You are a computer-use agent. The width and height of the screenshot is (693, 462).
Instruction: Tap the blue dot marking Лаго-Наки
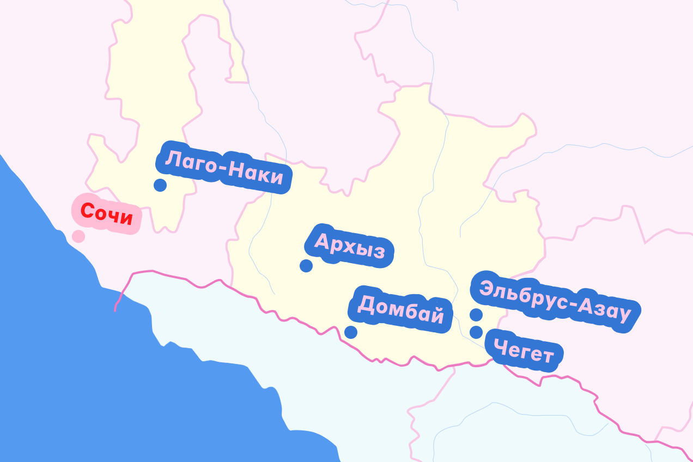160,185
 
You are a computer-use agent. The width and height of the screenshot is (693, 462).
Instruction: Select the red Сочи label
107,214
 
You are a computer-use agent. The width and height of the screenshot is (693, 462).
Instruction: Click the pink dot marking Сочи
78,236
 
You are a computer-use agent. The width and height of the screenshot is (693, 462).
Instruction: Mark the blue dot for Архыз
306,266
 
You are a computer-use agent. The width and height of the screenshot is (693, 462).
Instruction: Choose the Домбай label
401,310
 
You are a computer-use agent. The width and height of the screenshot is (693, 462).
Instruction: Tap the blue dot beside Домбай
351,332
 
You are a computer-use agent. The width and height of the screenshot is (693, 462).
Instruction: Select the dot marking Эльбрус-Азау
476,314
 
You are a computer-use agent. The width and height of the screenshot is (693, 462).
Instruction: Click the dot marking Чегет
476,332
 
